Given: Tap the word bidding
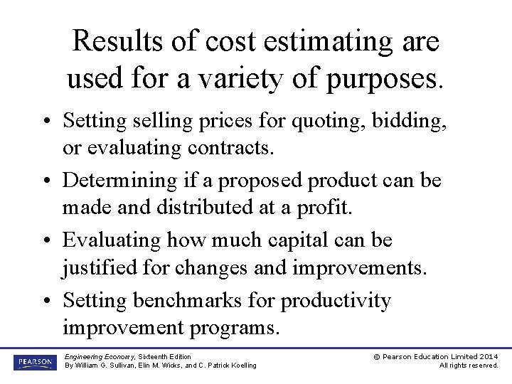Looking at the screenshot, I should pos(412,121).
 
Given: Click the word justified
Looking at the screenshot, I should pos(97,268).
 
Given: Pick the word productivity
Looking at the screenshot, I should pos(336,301).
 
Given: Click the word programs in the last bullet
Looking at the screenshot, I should pos(239,329).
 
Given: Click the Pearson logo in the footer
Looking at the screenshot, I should pos(33,363).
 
